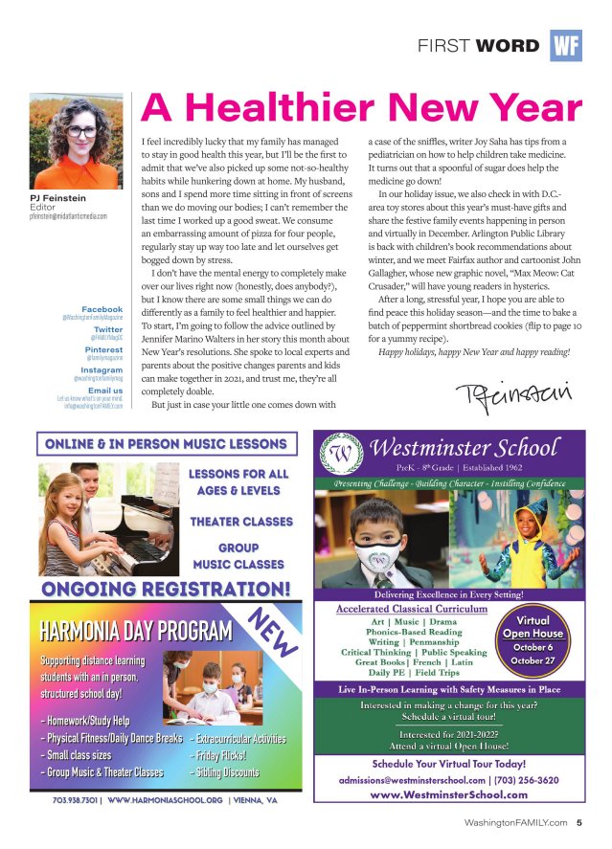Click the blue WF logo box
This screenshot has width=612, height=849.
tap(566, 46)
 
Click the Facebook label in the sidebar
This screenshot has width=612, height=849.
tap(102, 310)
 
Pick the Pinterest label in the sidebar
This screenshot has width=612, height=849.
tap(103, 350)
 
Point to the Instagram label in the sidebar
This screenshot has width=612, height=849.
tap(102, 370)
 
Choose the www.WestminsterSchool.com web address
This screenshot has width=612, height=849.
tap(448, 795)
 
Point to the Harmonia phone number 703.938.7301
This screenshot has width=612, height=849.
tap(75, 800)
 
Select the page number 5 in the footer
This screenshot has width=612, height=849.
tap(579, 821)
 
